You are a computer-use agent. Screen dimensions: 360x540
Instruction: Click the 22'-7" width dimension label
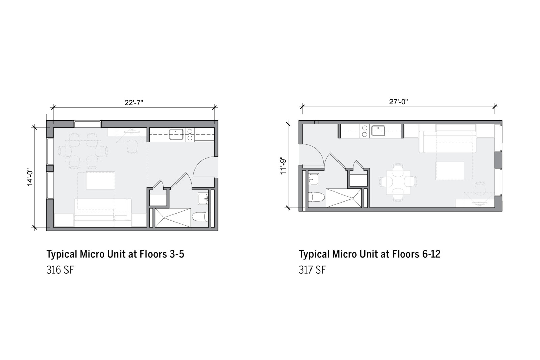point(134,103)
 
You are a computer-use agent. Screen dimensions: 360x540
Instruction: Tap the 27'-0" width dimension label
point(399,102)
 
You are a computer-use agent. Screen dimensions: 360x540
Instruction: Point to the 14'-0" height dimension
point(30,177)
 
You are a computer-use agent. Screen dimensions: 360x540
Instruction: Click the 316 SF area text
point(60,270)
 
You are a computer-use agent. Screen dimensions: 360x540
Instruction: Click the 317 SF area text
point(312,270)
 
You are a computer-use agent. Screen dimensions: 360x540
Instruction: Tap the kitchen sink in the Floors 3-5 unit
point(176,134)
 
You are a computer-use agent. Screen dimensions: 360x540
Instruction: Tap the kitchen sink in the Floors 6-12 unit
point(378,130)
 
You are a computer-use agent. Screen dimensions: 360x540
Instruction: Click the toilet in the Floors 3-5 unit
point(200,216)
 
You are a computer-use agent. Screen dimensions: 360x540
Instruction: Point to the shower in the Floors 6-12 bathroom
point(343,198)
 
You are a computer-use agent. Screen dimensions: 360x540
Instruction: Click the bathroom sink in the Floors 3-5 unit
point(203,199)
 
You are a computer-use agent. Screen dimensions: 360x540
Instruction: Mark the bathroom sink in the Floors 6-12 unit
point(314,179)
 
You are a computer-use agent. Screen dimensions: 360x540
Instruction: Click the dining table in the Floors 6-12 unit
point(398,183)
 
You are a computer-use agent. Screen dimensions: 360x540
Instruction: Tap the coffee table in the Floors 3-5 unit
point(100,180)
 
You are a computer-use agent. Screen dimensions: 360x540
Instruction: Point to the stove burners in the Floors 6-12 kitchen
point(364,131)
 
